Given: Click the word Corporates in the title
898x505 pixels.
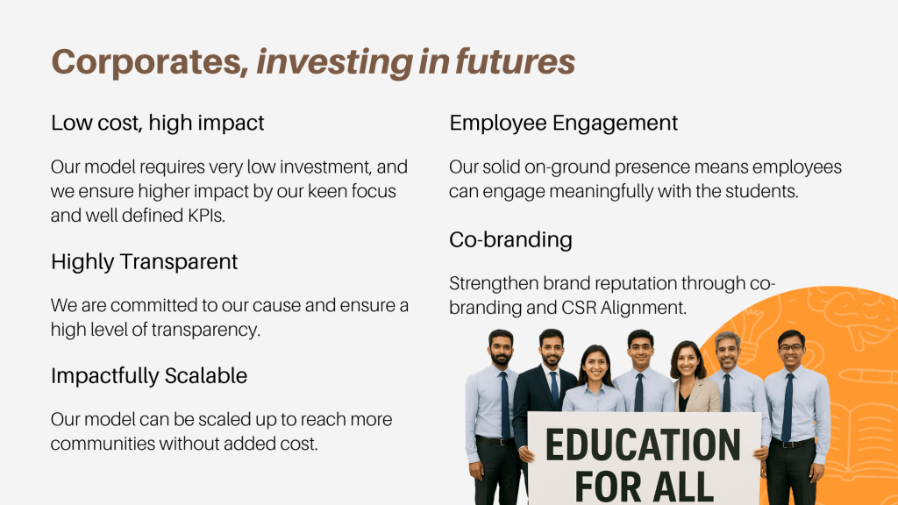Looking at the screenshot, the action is (x=151, y=62).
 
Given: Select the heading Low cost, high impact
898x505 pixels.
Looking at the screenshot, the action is (x=158, y=123).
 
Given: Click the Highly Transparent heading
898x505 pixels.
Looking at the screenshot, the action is (x=145, y=261).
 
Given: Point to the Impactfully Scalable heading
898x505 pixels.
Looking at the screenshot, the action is (x=149, y=375).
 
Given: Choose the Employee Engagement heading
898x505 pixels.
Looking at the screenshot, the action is (x=564, y=123).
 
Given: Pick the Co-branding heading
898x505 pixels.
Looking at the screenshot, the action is (x=511, y=239).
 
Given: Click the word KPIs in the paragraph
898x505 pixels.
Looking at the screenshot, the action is (x=206, y=216).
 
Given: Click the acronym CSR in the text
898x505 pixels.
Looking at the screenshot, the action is (x=579, y=308).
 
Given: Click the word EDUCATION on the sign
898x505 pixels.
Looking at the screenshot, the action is (x=643, y=445).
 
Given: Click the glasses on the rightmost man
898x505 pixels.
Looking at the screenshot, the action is (x=791, y=347).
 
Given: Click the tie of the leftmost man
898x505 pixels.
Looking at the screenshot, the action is (x=504, y=404).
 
